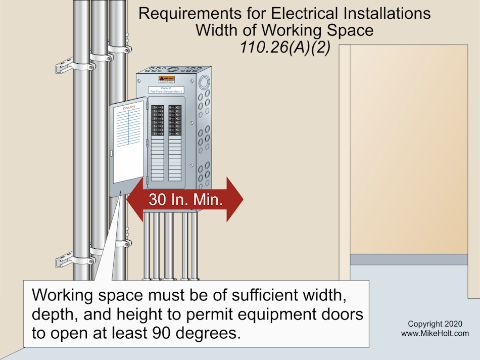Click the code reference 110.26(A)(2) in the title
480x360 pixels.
[284, 47]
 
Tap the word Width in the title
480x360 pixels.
[219, 30]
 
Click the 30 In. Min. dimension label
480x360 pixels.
[185, 200]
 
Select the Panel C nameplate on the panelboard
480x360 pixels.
[166, 89]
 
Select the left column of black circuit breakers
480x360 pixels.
[158, 120]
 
